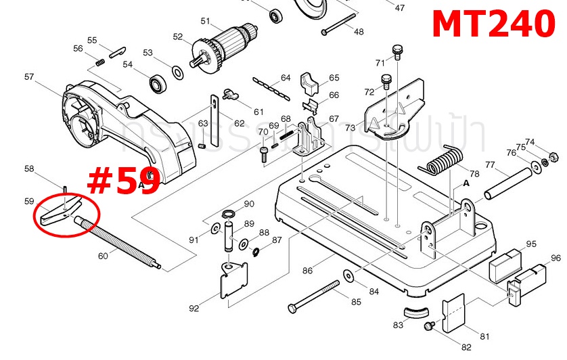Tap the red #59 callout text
pos(124,182)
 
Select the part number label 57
pos(29,77)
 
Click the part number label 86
pos(308,271)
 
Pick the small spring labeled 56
pos(98,64)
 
